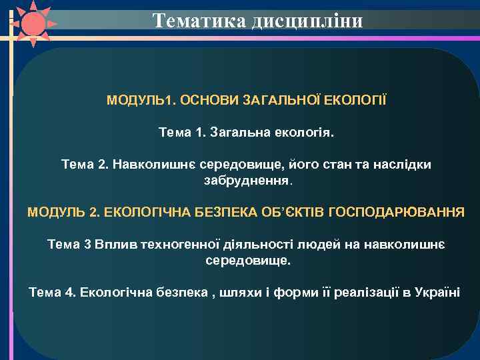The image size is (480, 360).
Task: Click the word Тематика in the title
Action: tap(200, 21)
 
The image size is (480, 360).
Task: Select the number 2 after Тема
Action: tap(101, 164)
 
